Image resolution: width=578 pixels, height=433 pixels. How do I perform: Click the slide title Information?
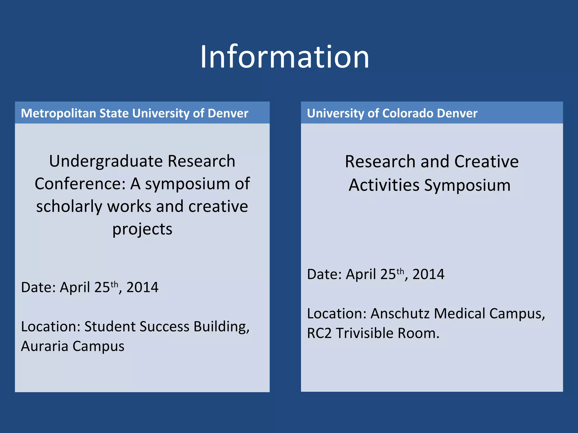pyautogui.click(x=284, y=57)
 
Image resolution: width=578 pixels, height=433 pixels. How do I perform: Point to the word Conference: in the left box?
pyautogui.click(x=80, y=184)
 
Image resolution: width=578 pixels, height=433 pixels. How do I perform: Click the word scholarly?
pyautogui.click(x=69, y=207)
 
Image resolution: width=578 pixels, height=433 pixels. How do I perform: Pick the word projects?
pyautogui.click(x=142, y=229)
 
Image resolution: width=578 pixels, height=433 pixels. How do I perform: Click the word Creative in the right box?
pyautogui.click(x=486, y=162)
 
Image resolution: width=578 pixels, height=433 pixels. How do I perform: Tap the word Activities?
pyautogui.click(x=384, y=185)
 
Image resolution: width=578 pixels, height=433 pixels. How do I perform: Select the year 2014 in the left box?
pyautogui.click(x=142, y=288)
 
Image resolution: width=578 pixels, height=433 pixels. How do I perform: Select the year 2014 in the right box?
pyautogui.click(x=428, y=275)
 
